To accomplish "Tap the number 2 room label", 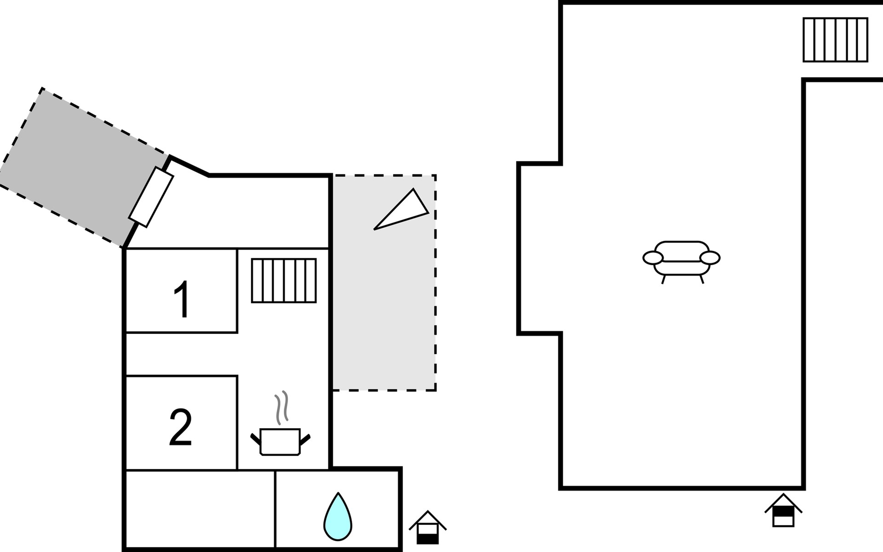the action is [x=181, y=427].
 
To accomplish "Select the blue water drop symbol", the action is [x=338, y=517].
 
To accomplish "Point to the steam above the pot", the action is [x=282, y=407].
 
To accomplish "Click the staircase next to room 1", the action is [x=284, y=281].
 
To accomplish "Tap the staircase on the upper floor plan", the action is [x=835, y=40].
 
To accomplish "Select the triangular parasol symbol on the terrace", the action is [x=401, y=209].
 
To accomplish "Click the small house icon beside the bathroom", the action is [x=428, y=528].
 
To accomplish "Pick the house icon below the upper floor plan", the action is [x=783, y=510].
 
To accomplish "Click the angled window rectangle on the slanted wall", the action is [x=151, y=197].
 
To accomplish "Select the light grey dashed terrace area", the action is [x=384, y=283].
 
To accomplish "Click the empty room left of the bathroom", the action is [x=201, y=509].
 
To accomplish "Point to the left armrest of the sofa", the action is [x=653, y=258].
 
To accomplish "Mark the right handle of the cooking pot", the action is [x=305, y=439].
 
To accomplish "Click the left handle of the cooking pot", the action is [x=256, y=439].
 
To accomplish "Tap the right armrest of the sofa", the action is [x=710, y=258].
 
